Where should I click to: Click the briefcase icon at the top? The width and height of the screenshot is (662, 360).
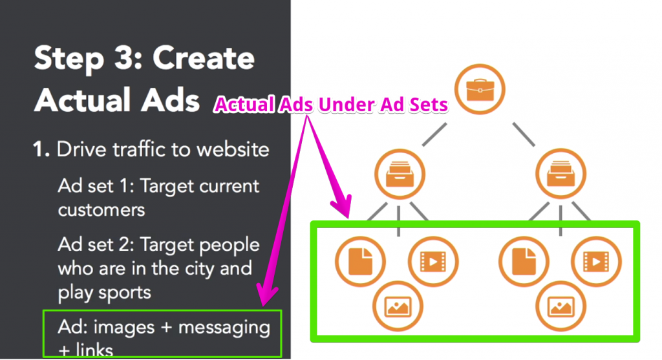tap(480, 89)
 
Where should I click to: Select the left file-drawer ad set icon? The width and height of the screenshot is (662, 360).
tap(400, 174)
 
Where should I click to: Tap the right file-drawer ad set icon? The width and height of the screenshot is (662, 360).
tap(561, 174)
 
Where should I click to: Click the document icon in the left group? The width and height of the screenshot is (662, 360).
tap(360, 262)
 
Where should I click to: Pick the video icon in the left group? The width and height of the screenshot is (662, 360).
tap(433, 262)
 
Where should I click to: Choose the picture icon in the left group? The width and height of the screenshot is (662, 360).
tap(398, 306)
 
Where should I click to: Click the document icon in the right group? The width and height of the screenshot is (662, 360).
tap(524, 262)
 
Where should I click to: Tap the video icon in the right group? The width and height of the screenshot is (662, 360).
tap(596, 262)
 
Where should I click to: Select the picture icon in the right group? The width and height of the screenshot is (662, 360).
tap(561, 306)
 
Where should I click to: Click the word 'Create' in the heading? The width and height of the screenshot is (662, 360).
tap(204, 58)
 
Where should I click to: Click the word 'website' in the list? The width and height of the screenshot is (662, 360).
tap(233, 149)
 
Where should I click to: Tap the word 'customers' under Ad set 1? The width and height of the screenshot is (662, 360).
tap(101, 210)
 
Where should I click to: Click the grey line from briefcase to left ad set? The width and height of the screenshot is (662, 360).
tap(434, 134)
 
